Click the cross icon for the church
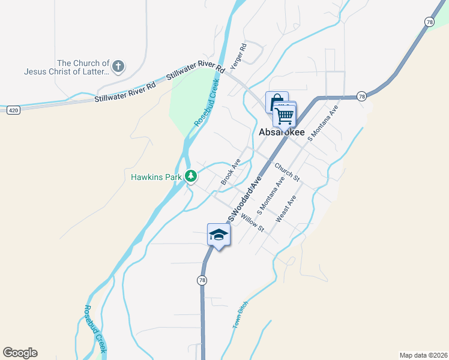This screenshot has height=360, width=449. click(x=119, y=66)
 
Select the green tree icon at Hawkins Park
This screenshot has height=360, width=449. click(x=191, y=176)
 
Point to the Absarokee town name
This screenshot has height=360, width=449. click(x=282, y=132)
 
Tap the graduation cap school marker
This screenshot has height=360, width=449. click(x=218, y=236)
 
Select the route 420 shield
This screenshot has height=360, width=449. click(x=14, y=110)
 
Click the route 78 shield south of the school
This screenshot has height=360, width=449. click(x=202, y=280)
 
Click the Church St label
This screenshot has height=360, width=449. click(x=287, y=172)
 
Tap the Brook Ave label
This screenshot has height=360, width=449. click(x=231, y=171)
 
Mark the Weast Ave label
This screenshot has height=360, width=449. click(x=286, y=209)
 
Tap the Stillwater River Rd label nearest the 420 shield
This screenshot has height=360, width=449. click(x=125, y=92)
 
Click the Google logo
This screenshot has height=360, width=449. click(x=20, y=353)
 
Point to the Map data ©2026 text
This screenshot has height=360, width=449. click(x=423, y=355)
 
